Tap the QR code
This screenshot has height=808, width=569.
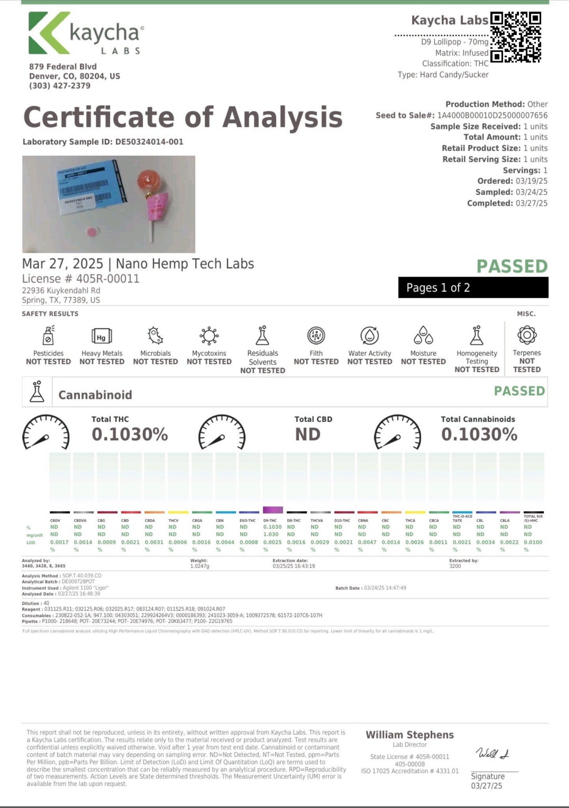click(515, 37)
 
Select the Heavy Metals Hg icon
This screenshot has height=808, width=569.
click(102, 337)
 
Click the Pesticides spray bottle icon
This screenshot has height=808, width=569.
click(48, 336)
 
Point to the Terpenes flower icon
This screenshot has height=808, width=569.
click(527, 335)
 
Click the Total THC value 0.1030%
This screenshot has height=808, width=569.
click(130, 434)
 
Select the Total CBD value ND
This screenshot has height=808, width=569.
click(308, 434)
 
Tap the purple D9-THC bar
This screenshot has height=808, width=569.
click(273, 510)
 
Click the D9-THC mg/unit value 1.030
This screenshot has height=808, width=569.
click(271, 534)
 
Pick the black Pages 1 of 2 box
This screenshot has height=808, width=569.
click(473, 288)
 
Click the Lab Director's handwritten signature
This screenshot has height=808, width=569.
click(493, 753)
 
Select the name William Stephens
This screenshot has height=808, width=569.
click(410, 735)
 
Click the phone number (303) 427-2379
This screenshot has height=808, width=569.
click(60, 86)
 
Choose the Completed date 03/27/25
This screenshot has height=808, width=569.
click(531, 203)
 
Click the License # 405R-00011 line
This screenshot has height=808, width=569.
click(81, 279)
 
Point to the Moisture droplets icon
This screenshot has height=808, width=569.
click(423, 336)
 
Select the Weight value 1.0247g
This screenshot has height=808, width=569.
click(200, 566)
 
